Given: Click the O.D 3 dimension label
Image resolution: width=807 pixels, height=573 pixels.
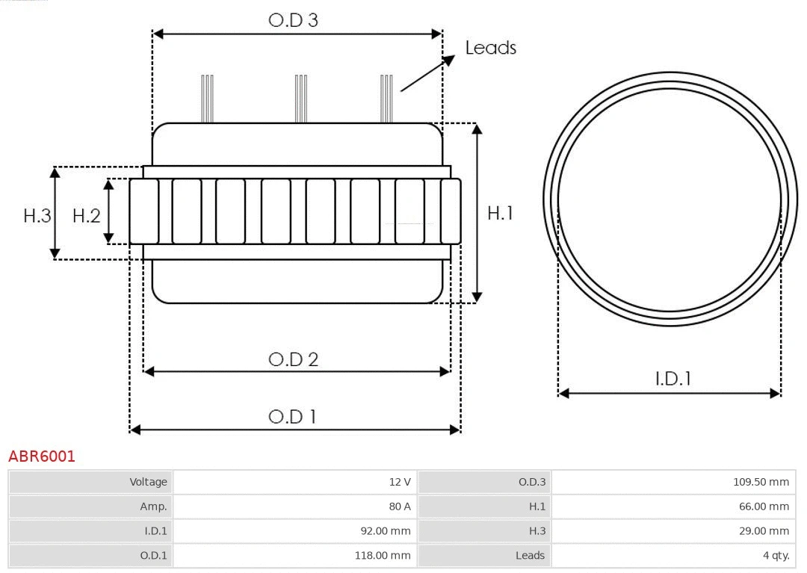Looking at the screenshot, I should [x=293, y=20].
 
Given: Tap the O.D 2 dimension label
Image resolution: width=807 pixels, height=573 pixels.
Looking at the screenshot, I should [x=293, y=359].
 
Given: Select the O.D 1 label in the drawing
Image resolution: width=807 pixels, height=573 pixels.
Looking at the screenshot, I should [x=292, y=416].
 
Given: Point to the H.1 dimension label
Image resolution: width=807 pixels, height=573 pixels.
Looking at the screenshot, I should [x=500, y=213].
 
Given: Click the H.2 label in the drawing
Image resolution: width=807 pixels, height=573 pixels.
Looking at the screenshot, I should [x=86, y=216].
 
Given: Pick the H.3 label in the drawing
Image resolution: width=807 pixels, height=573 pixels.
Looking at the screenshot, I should [x=37, y=216].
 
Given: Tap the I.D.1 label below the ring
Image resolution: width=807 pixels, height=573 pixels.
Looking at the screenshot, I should [x=672, y=379].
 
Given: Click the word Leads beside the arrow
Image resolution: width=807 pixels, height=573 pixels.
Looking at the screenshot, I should [x=490, y=48].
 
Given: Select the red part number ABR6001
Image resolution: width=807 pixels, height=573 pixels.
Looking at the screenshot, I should [x=42, y=456].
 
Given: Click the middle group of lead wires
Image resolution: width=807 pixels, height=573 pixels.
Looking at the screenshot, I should [x=300, y=98].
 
